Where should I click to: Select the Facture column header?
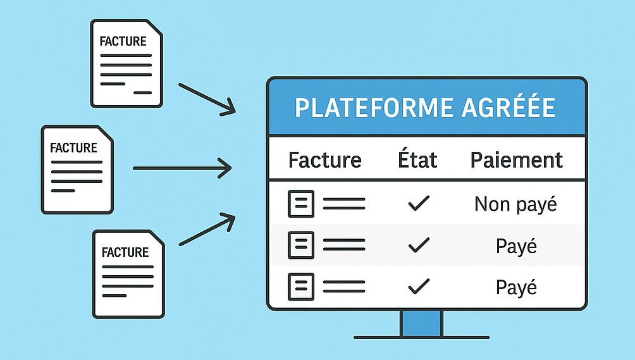324,159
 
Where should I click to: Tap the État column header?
418,159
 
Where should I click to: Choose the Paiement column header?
516,159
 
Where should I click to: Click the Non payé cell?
515,204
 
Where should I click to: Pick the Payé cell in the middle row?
516,246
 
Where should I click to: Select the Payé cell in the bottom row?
516,287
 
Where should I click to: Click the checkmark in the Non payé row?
418,204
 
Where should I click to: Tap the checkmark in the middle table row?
418,245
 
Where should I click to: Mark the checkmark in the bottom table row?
418,287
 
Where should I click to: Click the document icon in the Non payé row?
300,204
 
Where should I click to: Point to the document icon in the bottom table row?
300,287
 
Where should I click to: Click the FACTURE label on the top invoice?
123,41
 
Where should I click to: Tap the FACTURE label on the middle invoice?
73,148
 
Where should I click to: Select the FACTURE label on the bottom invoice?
125,252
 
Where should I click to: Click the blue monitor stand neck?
421,323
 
